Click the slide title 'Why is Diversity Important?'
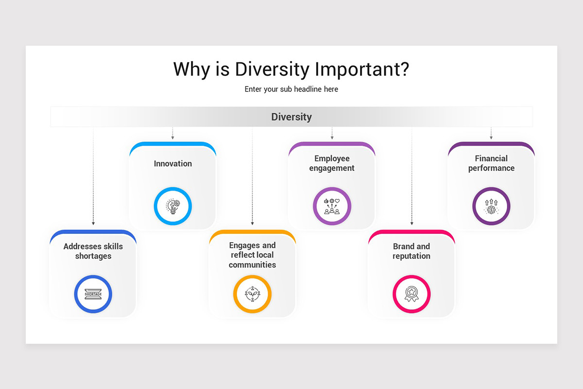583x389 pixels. pos(291,69)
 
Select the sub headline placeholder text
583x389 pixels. pos(291,89)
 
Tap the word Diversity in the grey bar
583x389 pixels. pos(291,117)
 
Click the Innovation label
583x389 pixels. pos(173,163)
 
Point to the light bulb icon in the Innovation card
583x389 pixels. pos(173,206)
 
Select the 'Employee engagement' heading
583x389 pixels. pos(332,163)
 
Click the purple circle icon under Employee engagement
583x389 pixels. pos(332,206)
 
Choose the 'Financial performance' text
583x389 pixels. pos(491,163)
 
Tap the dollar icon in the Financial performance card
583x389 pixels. pos(491,206)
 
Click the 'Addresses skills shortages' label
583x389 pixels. pos(93,251)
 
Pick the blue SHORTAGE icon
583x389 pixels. pos(93,294)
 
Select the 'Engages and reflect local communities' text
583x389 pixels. pos(252,255)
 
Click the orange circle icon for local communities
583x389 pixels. pos(252,294)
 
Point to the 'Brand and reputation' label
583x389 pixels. pos(412,251)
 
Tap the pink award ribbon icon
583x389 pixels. pos(412,294)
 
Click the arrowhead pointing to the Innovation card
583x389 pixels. pos(173,138)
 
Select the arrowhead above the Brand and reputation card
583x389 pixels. pos(412,224)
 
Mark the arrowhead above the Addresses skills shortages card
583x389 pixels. pos(93,224)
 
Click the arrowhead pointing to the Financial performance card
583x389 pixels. pos(491,138)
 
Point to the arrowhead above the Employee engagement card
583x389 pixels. pos(332,138)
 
